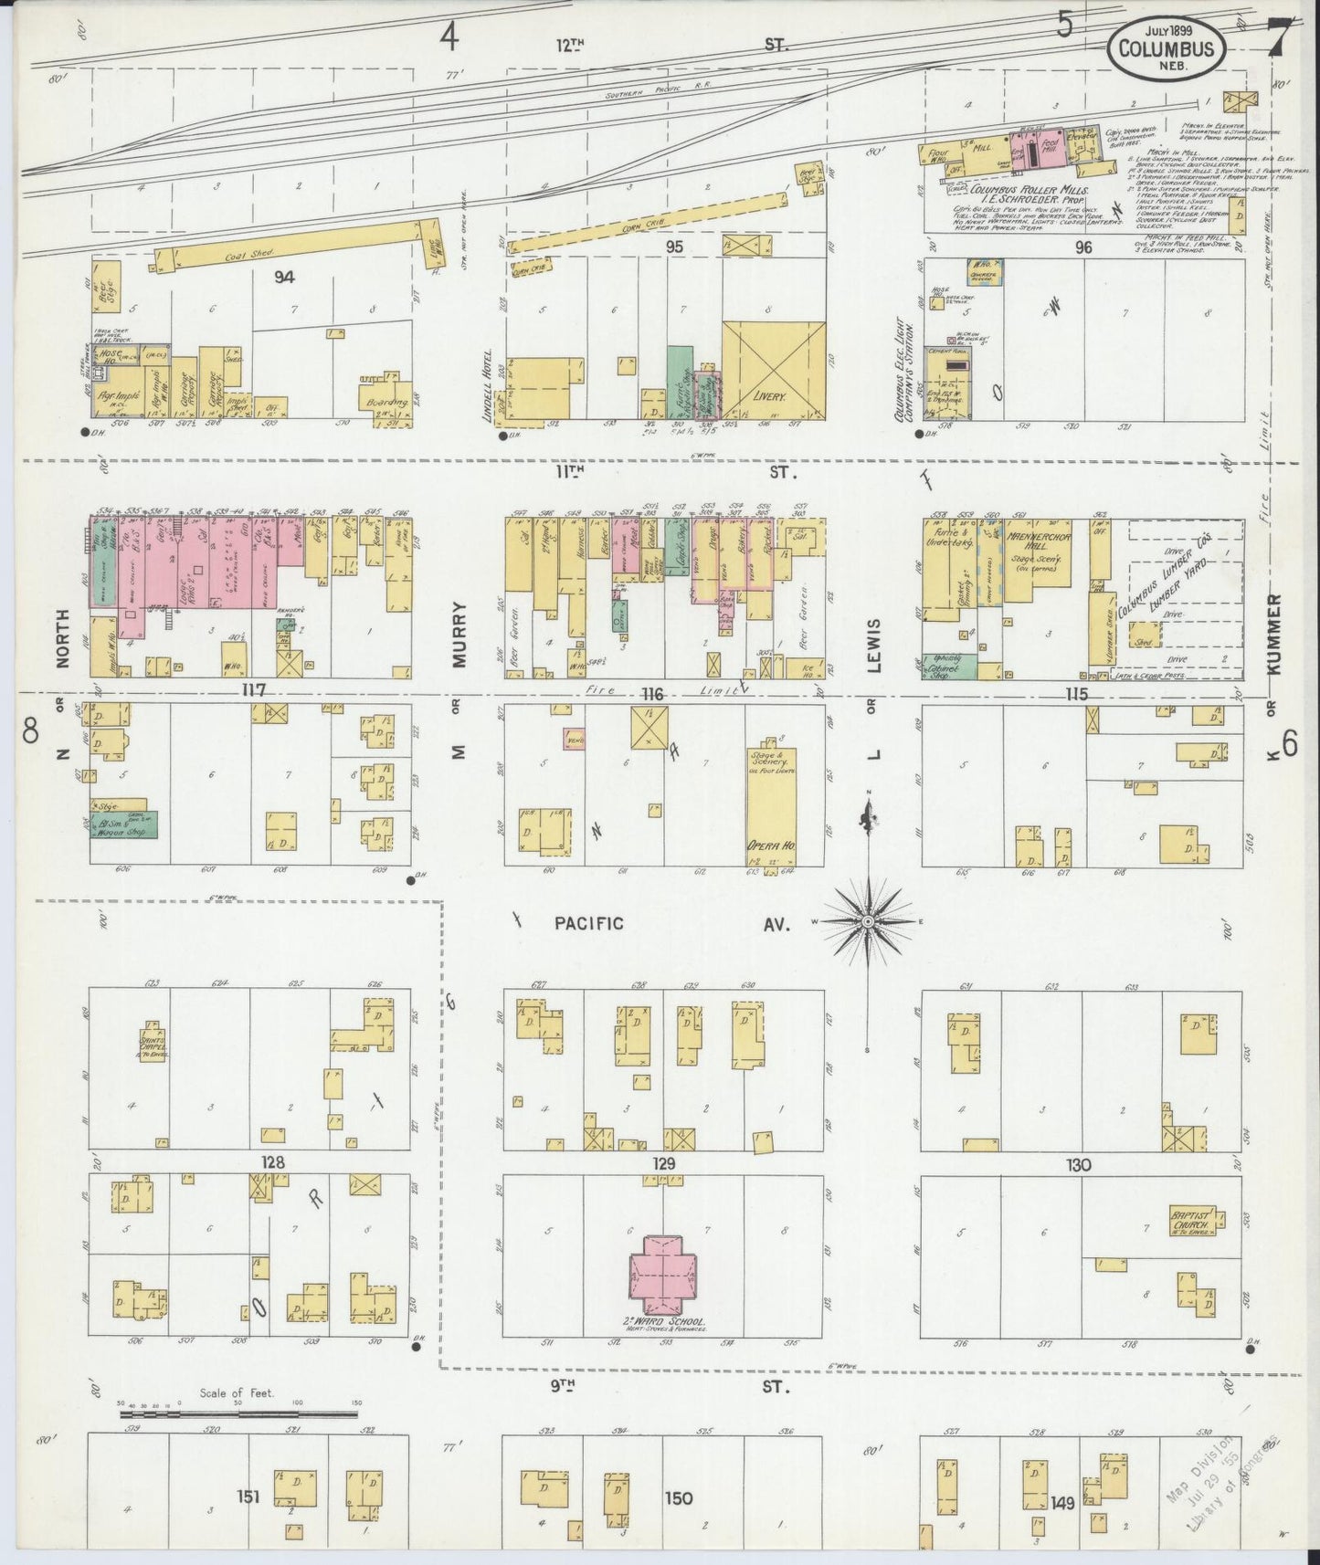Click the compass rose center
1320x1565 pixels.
[865, 921]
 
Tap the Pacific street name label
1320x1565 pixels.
[589, 923]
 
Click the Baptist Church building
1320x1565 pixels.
[1194, 1221]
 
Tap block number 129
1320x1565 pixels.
[663, 1163]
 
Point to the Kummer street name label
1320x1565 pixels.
[1275, 634]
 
